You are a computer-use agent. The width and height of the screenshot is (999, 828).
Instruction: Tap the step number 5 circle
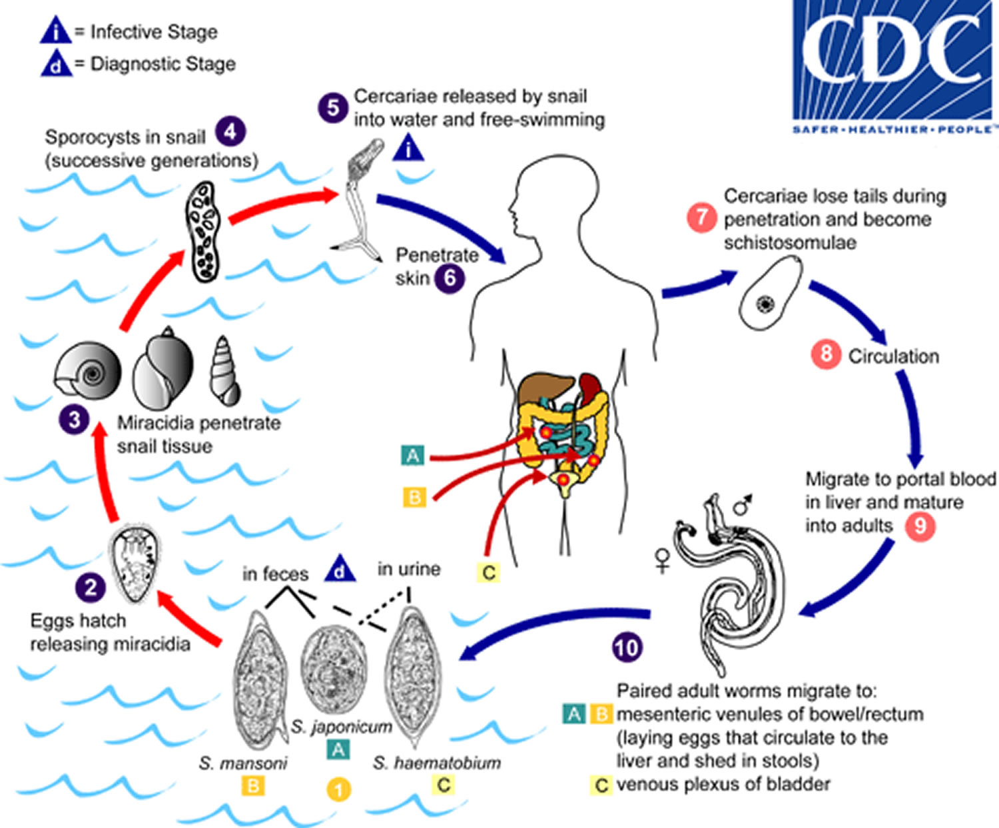click(x=333, y=107)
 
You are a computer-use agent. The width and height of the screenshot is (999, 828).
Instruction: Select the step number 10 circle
click(x=627, y=647)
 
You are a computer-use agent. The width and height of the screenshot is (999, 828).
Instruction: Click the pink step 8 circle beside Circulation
click(x=827, y=354)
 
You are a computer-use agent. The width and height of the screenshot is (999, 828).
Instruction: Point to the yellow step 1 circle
click(x=339, y=790)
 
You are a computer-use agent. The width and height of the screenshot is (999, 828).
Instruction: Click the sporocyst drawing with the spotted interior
click(x=203, y=231)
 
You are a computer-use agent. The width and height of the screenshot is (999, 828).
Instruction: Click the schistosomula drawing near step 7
click(x=771, y=293)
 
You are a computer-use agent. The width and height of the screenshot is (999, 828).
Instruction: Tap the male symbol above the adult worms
click(x=743, y=505)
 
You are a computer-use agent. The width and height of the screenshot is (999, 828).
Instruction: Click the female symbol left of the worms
click(x=663, y=561)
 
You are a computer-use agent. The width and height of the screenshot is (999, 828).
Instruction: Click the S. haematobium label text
click(x=437, y=763)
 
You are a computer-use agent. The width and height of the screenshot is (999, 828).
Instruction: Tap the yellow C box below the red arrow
click(x=488, y=572)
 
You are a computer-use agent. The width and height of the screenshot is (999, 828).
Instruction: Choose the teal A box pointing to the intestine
click(x=412, y=456)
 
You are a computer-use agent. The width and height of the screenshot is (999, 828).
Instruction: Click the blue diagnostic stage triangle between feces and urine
click(x=340, y=570)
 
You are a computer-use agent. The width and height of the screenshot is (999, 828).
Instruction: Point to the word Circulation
click(x=894, y=356)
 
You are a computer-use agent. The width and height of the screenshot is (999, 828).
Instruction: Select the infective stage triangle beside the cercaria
click(x=408, y=148)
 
